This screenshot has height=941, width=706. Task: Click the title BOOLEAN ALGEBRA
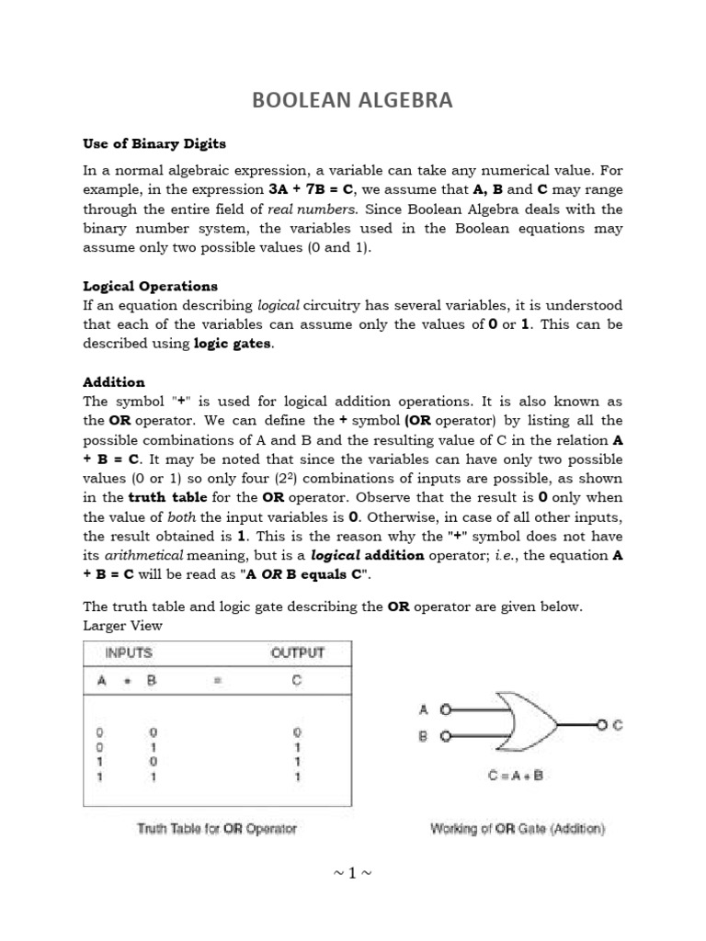click(353, 100)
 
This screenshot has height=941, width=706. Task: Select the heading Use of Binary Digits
click(154, 144)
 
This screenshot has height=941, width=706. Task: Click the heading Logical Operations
click(151, 286)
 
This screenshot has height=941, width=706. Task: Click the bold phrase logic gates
click(233, 343)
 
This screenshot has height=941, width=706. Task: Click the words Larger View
click(122, 626)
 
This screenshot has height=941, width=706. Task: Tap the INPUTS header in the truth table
click(129, 654)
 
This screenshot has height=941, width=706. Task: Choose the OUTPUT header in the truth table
click(296, 654)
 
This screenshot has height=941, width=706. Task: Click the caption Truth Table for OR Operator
click(217, 829)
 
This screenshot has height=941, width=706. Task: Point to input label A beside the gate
click(424, 709)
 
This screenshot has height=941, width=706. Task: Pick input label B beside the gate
click(424, 736)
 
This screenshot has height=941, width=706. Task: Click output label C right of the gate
click(617, 724)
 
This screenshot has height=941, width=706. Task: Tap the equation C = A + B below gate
click(516, 775)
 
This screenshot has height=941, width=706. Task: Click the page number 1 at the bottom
click(353, 874)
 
